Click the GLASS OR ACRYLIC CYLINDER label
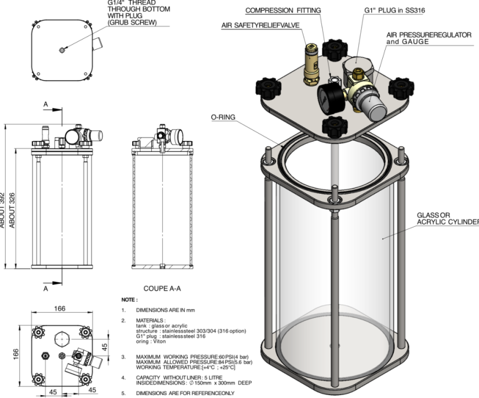pyautogui.click(x=447, y=218)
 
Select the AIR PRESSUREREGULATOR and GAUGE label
pyautogui.click(x=430, y=38)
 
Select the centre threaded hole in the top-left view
pyautogui.click(x=62, y=50)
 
